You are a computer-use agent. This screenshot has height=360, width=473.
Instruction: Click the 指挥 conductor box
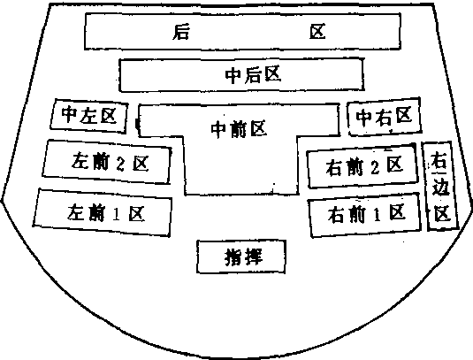(x=241, y=257)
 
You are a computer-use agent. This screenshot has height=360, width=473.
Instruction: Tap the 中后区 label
(x=254, y=75)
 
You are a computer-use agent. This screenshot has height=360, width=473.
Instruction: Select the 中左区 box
(x=89, y=116)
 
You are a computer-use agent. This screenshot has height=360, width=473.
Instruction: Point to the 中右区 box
(x=384, y=117)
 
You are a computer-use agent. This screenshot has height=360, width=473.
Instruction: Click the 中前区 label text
(x=239, y=129)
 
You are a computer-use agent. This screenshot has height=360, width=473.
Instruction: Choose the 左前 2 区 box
(x=107, y=162)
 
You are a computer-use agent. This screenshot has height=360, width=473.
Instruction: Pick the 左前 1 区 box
(x=103, y=213)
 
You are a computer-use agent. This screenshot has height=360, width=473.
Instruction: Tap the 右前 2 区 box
(x=362, y=165)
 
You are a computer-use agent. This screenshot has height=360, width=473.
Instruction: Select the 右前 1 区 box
(x=365, y=215)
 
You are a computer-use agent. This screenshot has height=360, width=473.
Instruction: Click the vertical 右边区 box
(x=440, y=186)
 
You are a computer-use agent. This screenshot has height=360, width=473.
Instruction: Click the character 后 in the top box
(x=181, y=32)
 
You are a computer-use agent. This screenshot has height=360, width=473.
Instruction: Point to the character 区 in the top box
(x=317, y=32)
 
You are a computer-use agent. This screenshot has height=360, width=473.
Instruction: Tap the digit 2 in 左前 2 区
(x=120, y=165)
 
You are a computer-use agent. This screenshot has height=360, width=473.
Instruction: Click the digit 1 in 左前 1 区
(x=116, y=214)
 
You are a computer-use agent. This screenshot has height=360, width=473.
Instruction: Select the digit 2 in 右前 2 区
(x=375, y=167)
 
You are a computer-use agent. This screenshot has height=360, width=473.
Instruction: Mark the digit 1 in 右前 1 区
(x=377, y=215)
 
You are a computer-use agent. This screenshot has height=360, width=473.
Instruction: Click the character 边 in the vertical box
(x=440, y=188)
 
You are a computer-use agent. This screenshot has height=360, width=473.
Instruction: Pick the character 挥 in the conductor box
(x=254, y=257)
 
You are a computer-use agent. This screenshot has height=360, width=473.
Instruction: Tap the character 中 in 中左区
(x=69, y=114)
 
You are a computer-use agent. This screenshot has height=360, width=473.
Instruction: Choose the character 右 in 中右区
(x=384, y=117)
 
